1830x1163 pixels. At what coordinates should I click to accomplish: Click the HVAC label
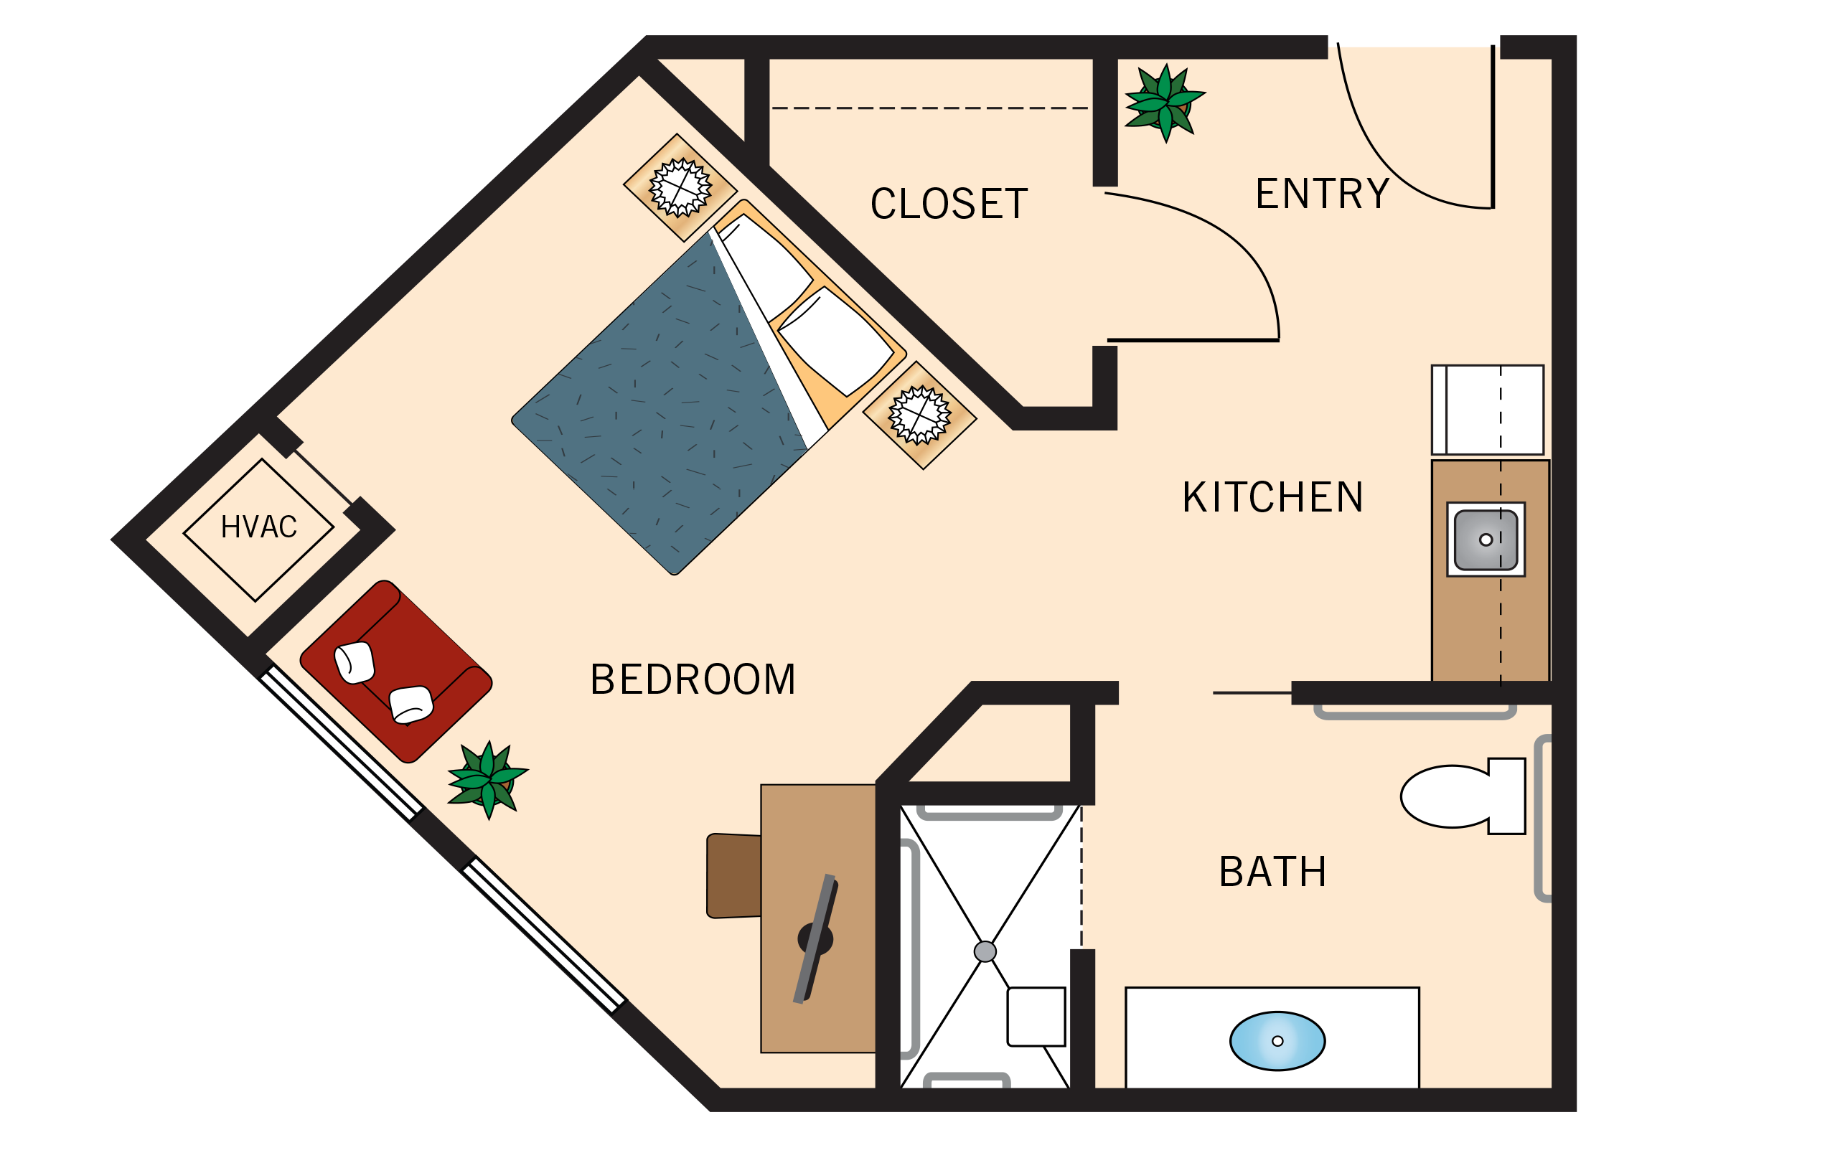[258, 527]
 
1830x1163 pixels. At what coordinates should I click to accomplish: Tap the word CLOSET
[949, 204]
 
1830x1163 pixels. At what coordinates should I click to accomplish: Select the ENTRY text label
[1322, 194]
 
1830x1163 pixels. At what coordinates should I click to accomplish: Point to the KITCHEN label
[1273, 498]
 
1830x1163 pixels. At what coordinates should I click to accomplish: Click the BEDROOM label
[693, 679]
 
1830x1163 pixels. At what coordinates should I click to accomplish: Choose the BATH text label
[1273, 871]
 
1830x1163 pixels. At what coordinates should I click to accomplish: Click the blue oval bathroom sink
[1277, 1041]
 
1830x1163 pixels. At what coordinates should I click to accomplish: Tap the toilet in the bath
[1460, 796]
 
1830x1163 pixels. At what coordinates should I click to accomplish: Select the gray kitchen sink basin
[1486, 540]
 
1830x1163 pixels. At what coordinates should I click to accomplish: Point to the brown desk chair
[733, 876]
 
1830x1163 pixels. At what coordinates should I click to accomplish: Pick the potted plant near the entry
[1163, 103]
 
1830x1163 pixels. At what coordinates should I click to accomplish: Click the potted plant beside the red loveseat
[487, 779]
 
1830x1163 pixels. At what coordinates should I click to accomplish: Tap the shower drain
[985, 951]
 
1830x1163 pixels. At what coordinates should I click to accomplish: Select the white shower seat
[1036, 1017]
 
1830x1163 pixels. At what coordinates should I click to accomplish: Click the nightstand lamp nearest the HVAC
[680, 188]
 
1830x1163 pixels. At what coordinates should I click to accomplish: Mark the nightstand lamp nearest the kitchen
[919, 415]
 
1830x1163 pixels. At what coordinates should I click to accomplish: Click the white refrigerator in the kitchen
[1487, 410]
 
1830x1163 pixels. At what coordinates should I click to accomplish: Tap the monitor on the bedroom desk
[815, 939]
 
